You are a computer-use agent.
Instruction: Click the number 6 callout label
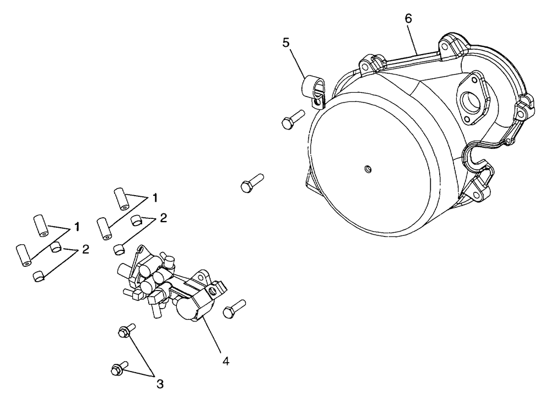[408, 18]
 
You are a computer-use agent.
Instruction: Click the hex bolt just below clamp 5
[291, 119]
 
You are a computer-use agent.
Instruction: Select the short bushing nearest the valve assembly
[118, 249]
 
